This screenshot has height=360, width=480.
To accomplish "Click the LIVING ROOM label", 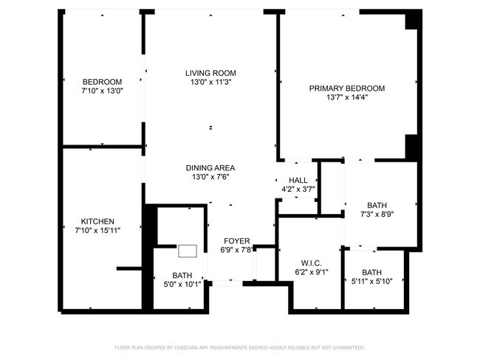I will click(210, 72).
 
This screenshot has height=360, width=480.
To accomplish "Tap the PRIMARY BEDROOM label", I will click(346, 88).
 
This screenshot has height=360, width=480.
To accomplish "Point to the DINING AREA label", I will click(210, 167).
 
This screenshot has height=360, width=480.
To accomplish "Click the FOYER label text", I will click(237, 241).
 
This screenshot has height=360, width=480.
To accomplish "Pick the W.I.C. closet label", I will click(311, 262).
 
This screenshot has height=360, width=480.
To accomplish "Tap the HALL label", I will click(298, 180).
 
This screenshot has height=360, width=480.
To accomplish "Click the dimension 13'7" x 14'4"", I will click(346, 97).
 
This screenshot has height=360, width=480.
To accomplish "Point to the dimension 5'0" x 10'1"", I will click(182, 284).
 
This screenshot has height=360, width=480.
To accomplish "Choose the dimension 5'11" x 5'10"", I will click(371, 281).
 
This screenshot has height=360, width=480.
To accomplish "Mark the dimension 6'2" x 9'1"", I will click(311, 271).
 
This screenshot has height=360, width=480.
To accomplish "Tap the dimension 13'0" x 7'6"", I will click(210, 177).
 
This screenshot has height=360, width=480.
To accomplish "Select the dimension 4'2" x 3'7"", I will click(298, 190).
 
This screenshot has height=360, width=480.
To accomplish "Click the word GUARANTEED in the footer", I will click(347, 347).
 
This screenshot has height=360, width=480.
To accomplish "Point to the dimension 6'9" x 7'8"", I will click(237, 250).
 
